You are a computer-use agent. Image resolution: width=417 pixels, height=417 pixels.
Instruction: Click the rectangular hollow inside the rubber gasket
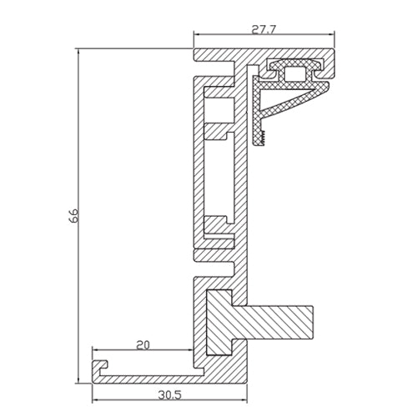[294, 75]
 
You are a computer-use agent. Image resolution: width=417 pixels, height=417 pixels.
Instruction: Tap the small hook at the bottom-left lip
[99, 365]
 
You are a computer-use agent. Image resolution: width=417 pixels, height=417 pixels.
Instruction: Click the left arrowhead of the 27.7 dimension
[198, 35]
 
